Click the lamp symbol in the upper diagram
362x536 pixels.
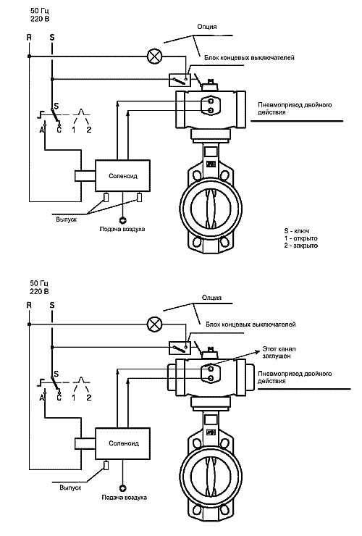155,56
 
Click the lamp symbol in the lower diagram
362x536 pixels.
155,324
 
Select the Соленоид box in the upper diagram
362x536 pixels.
122,176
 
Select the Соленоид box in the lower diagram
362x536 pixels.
122,443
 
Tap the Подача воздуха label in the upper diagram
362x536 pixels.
122,229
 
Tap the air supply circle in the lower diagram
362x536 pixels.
122,488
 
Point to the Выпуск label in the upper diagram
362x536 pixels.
67,219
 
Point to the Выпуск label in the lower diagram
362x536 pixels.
70,487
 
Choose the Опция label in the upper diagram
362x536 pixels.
207,27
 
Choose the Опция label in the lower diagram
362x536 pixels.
211,298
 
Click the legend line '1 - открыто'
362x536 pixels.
300,238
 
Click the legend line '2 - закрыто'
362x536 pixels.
300,246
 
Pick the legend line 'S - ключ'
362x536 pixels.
297,231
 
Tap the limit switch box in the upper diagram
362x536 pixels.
180,80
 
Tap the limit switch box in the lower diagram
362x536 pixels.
180,348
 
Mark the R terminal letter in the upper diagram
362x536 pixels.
29,37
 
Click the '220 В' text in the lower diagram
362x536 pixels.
39,292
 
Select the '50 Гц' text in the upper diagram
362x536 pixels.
39,12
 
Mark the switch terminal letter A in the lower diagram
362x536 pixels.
43,398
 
